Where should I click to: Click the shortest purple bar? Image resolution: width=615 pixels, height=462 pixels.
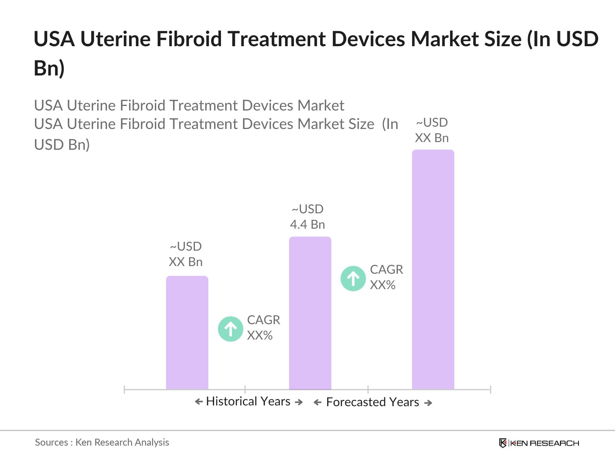187,333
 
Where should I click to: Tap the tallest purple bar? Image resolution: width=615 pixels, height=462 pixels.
433,269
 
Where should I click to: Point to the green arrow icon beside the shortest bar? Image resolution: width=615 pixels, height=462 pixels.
231,329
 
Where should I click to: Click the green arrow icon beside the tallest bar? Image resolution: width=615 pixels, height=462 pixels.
353,278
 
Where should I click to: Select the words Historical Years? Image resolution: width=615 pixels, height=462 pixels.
248,402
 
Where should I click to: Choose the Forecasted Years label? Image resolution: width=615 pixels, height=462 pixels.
372,402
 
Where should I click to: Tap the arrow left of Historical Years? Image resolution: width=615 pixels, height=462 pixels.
199,402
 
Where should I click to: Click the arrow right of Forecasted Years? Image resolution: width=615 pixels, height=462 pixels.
428,403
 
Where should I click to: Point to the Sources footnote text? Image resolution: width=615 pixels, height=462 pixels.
102,442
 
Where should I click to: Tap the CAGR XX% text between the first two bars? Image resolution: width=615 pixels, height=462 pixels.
263,328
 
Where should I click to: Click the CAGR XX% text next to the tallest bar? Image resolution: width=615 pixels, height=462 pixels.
386,277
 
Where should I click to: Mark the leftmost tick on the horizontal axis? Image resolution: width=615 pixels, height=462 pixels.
125,390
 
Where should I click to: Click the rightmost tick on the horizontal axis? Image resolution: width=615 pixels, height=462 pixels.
490,390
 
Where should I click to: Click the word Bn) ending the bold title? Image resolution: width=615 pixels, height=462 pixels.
49,68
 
